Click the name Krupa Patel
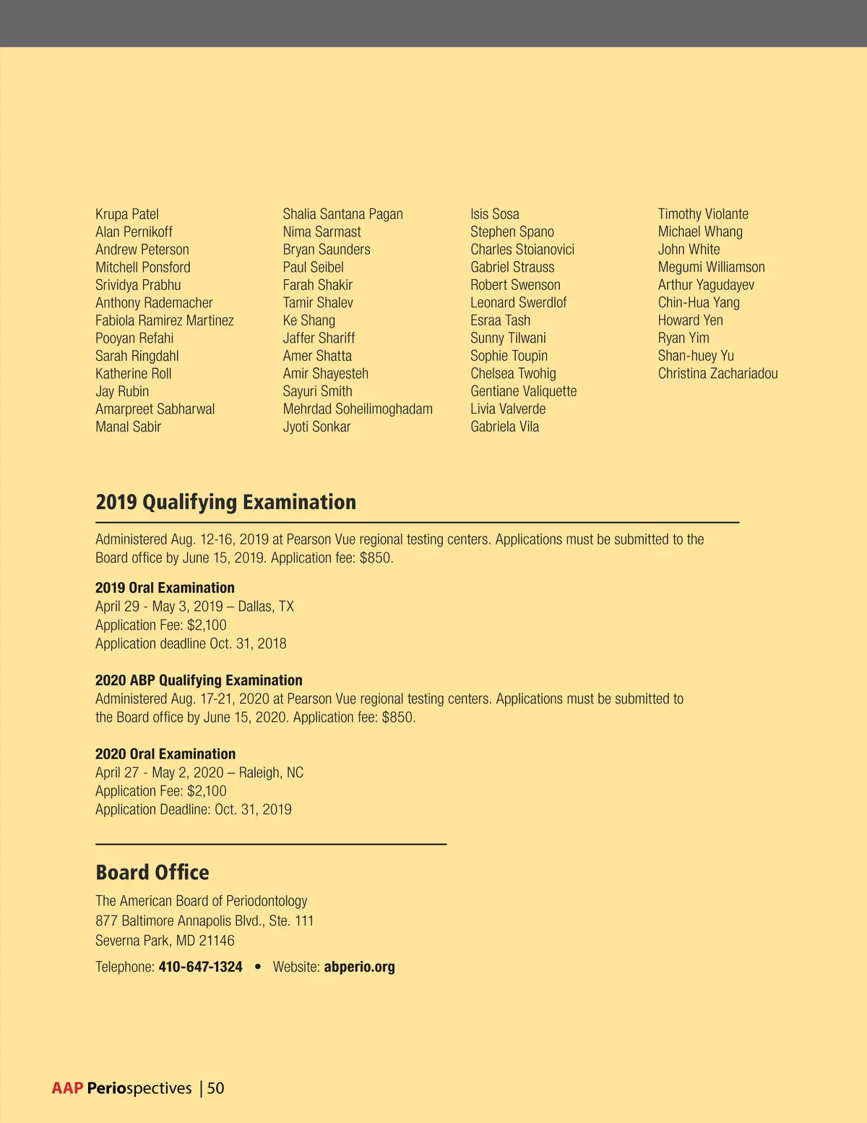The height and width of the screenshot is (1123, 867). pos(127,214)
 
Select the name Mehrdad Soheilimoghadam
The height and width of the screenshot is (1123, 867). pos(358,409)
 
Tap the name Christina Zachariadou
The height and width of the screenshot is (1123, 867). pos(717,374)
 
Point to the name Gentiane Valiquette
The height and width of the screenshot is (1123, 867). pos(523,391)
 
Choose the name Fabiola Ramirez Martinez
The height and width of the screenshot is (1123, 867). pos(165,320)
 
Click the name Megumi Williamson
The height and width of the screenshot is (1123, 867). pos(711,268)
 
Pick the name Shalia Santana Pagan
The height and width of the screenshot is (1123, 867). pos(342,214)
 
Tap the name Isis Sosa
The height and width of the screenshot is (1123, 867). pos(495,214)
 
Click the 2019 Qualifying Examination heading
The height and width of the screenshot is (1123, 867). pos(225,502)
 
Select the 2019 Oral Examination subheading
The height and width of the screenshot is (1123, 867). pos(165,588)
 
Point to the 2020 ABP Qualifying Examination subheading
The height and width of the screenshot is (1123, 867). pos(199,680)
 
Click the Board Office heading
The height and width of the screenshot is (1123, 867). pos(152,873)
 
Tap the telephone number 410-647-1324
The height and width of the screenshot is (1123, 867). pos(200,968)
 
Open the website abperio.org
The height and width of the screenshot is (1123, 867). pos(359,968)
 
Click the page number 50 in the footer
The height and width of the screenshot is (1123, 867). pos(215,1088)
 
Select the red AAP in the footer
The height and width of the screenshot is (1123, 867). pos(67,1088)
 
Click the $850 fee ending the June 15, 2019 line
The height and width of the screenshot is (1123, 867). pos(376,558)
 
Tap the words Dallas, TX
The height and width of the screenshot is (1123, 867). pos(266,607)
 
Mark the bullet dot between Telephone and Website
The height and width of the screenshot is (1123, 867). pos(258,968)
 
